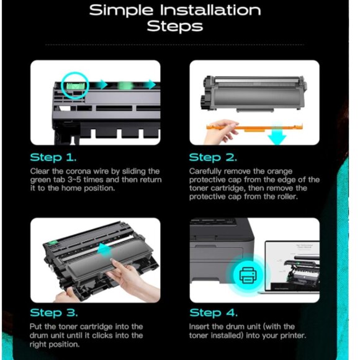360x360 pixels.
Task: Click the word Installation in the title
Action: (210, 11)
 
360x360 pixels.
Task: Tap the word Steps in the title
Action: (175, 26)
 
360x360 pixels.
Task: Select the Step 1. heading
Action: (53, 158)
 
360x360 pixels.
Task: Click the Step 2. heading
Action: (213, 158)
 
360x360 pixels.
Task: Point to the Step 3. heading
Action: (54, 313)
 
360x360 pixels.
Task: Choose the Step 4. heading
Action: (214, 313)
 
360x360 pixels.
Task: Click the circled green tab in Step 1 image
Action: (76, 86)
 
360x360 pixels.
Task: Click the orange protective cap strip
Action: (255, 127)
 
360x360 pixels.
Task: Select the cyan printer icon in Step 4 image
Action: (248, 275)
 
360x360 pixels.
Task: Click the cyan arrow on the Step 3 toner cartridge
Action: (104, 250)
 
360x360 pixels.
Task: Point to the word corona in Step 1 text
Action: (74, 171)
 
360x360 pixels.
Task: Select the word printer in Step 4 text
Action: (293, 336)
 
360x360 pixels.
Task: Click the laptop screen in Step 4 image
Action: (292, 266)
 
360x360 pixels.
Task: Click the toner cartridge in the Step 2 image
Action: (254, 94)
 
